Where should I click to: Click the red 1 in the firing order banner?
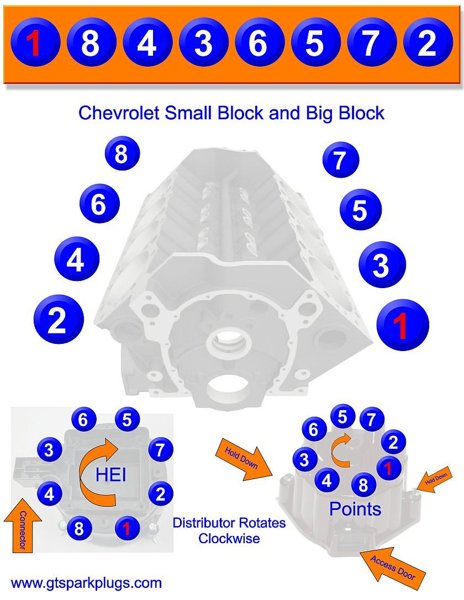pyautogui.click(x=34, y=43)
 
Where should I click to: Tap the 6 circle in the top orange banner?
pyautogui.click(x=258, y=43)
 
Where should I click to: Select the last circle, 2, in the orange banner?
pyautogui.click(x=428, y=43)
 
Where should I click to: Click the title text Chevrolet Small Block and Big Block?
pyautogui.click(x=231, y=113)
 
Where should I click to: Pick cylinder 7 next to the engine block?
pyautogui.click(x=341, y=160)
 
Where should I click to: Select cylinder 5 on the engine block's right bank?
pyautogui.click(x=360, y=210)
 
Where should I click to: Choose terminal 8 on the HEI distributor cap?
pyautogui.click(x=80, y=529)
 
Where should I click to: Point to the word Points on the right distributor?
pyautogui.click(x=355, y=509)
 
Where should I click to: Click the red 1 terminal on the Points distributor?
pyautogui.click(x=388, y=469)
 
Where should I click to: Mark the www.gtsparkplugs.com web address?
pyautogui.click(x=87, y=583)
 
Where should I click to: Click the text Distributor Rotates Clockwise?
pyautogui.click(x=229, y=530)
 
